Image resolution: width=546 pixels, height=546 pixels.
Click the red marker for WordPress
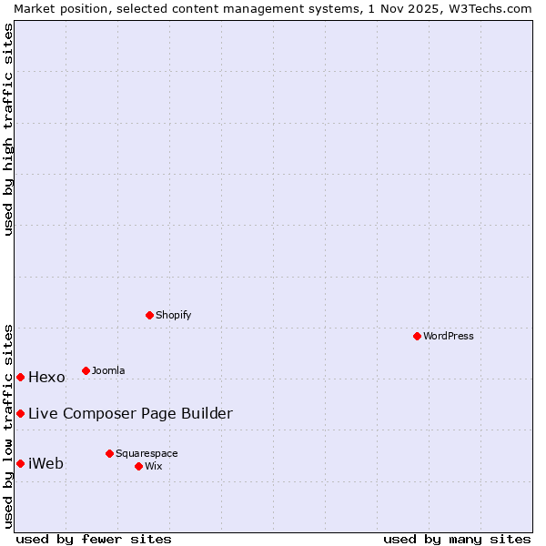coord(417,336)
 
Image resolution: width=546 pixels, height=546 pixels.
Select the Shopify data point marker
coord(149,315)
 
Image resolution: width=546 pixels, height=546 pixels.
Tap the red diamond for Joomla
coord(86,370)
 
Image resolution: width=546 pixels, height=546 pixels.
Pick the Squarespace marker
coord(109,453)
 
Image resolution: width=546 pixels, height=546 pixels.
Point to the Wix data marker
coord(138,466)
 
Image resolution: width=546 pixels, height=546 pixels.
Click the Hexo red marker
coord(20,377)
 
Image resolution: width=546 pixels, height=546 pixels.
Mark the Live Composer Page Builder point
coord(20,413)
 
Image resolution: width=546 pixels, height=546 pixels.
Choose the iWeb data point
coord(20,463)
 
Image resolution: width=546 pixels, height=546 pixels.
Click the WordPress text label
coord(449,336)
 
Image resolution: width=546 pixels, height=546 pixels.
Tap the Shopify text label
coord(173,315)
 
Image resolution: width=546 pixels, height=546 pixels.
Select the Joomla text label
coord(108,370)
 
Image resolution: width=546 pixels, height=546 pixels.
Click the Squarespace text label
coord(147,453)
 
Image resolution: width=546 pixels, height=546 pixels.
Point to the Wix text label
coord(153,466)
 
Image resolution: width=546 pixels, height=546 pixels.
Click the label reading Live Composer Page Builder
coord(130,413)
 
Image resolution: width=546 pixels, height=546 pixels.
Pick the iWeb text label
coord(45,463)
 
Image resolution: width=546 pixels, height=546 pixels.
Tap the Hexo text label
coord(46,377)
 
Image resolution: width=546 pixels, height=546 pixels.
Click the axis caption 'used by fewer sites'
coord(94,539)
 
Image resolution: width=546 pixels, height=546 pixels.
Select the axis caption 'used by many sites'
coord(457,539)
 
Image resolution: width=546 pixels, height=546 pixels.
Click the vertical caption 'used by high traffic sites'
coord(8,129)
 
